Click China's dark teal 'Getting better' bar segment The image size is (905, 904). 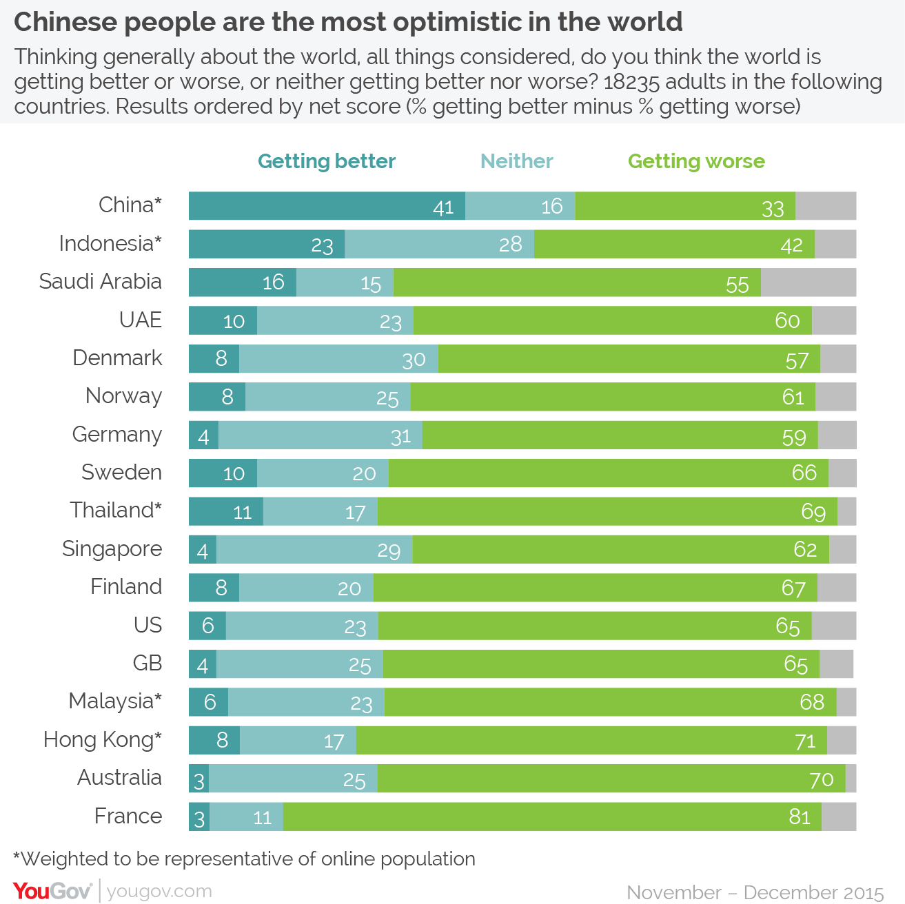point(327,206)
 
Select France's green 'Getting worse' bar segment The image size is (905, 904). point(551,816)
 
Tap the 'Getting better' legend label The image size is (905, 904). point(326,161)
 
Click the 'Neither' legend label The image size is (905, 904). point(516,161)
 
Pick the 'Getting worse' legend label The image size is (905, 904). point(696,161)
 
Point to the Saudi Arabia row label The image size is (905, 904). point(101,282)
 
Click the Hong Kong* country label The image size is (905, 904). point(102,739)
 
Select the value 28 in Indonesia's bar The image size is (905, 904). point(511,245)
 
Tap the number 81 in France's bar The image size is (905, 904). point(800,816)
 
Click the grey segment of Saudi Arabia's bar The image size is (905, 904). point(808,282)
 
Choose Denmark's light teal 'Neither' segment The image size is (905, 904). point(338,359)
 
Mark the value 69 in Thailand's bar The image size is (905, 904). point(813,512)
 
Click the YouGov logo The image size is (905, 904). point(52,891)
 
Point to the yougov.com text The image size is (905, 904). point(159,891)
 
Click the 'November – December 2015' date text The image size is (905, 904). point(755,892)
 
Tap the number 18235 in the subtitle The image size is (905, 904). point(631,82)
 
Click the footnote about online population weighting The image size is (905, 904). point(244,859)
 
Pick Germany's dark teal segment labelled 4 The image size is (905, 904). point(203,435)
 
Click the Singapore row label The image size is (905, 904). point(112,548)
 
